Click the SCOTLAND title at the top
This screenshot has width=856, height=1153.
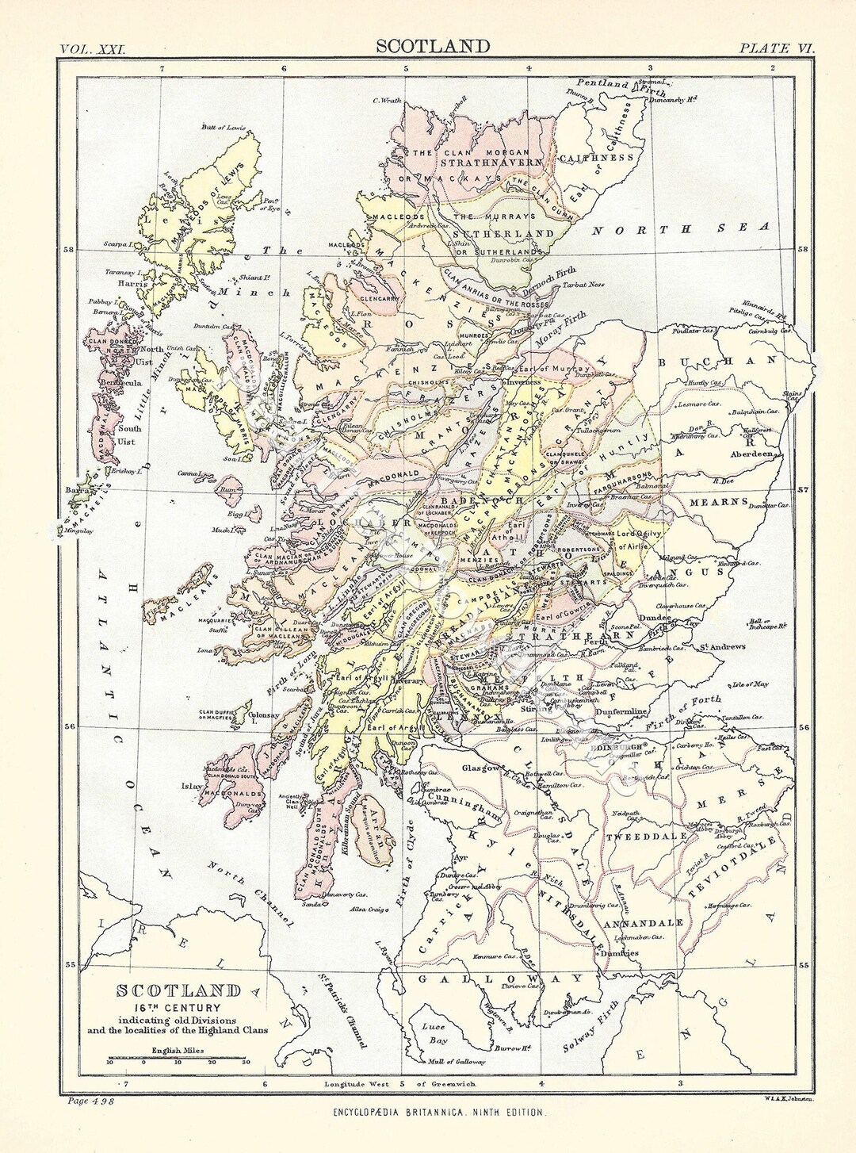pyautogui.click(x=433, y=47)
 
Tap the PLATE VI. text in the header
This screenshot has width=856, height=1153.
pyautogui.click(x=776, y=48)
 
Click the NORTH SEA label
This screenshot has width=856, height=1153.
pyautogui.click(x=681, y=229)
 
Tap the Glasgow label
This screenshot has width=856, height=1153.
pyautogui.click(x=481, y=768)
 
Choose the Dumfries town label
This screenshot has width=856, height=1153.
pyautogui.click(x=620, y=953)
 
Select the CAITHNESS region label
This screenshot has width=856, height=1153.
pyautogui.click(x=597, y=158)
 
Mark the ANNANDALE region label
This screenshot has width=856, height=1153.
pyautogui.click(x=644, y=924)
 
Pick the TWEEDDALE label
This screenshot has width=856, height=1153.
pyautogui.click(x=636, y=837)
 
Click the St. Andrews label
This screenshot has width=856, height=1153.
pyautogui.click(x=721, y=646)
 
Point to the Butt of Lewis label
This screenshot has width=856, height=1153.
pyautogui.click(x=224, y=128)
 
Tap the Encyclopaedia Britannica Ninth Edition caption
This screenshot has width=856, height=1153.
pyautogui.click(x=438, y=1113)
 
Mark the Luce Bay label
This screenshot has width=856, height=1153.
pyautogui.click(x=434, y=1032)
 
